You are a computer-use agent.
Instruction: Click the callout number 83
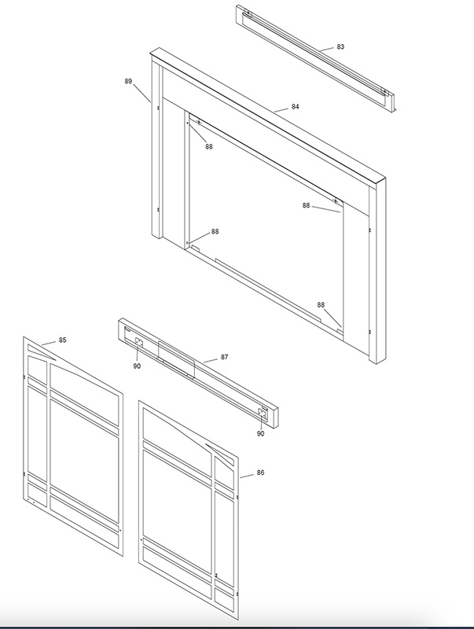point(340,47)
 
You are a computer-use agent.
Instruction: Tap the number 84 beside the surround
point(295,107)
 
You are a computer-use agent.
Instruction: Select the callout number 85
point(63,340)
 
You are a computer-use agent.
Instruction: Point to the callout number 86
point(260,473)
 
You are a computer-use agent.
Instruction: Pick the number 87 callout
point(224,357)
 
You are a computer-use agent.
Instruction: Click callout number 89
point(128,81)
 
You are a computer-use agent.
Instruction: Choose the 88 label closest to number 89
point(209,147)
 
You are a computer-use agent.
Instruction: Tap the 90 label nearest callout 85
point(137,366)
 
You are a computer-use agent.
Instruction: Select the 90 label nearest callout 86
point(261,434)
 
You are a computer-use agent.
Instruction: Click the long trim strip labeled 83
point(315,58)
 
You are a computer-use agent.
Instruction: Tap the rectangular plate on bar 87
point(176,359)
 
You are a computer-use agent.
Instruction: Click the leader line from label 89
point(142,93)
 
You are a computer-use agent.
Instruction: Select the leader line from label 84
point(281,109)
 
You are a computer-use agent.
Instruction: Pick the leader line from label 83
point(326,49)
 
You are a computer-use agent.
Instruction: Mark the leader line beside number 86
point(247,476)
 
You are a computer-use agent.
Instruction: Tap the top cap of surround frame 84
point(268,116)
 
